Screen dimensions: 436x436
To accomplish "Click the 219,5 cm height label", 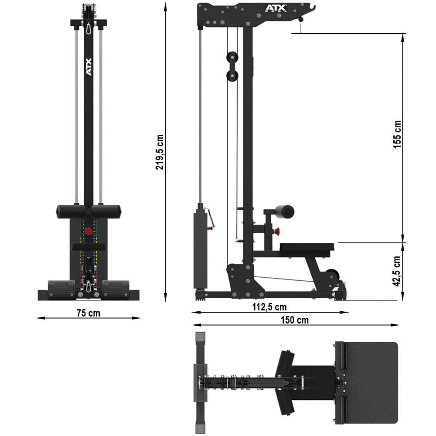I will [160, 151].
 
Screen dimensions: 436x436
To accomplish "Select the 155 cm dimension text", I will [397, 134].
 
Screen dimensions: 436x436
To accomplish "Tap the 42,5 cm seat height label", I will [396, 271].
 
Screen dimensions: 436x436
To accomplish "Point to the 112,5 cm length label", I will [269, 307].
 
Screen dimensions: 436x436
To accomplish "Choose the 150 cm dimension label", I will [294, 320].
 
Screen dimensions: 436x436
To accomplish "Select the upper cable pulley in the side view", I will [232, 58].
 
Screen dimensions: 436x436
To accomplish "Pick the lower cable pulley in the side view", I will [232, 76].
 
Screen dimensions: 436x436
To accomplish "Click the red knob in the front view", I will [89, 231].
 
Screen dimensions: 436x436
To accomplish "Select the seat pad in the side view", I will [307, 247].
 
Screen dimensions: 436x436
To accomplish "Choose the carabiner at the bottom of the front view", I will [89, 286].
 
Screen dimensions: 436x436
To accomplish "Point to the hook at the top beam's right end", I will [311, 7].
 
